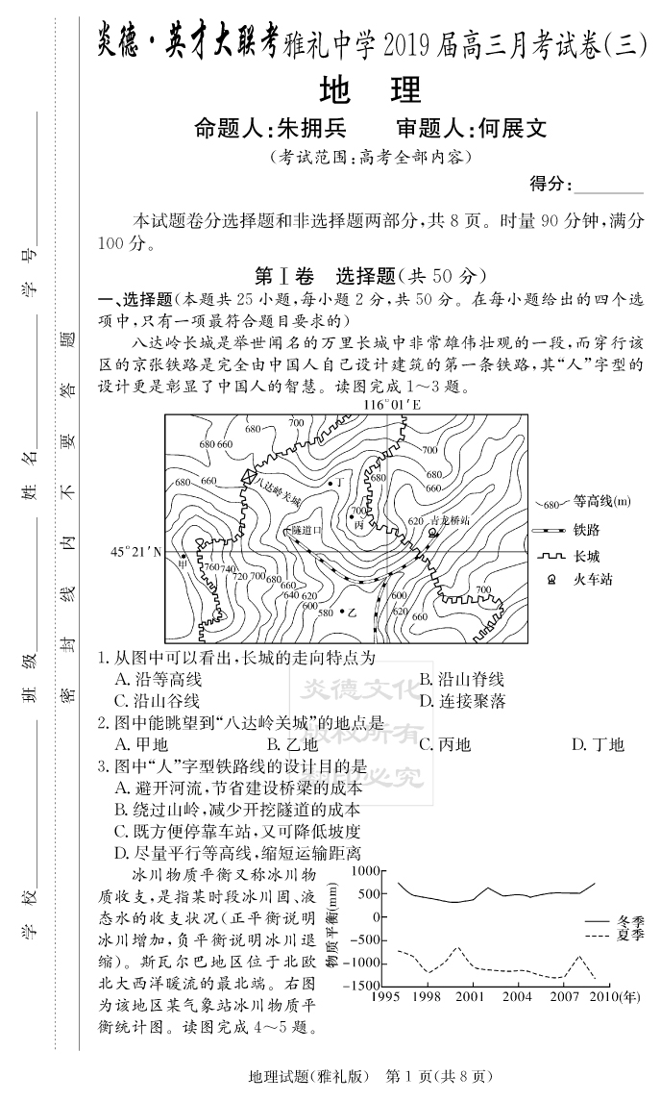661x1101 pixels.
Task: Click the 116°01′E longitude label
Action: coord(392,405)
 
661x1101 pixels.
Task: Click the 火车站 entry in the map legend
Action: coord(593,579)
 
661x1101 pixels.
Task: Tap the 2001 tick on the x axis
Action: coord(470,997)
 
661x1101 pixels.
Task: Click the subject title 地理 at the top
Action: coord(370,89)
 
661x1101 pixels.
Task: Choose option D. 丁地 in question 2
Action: coord(598,744)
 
